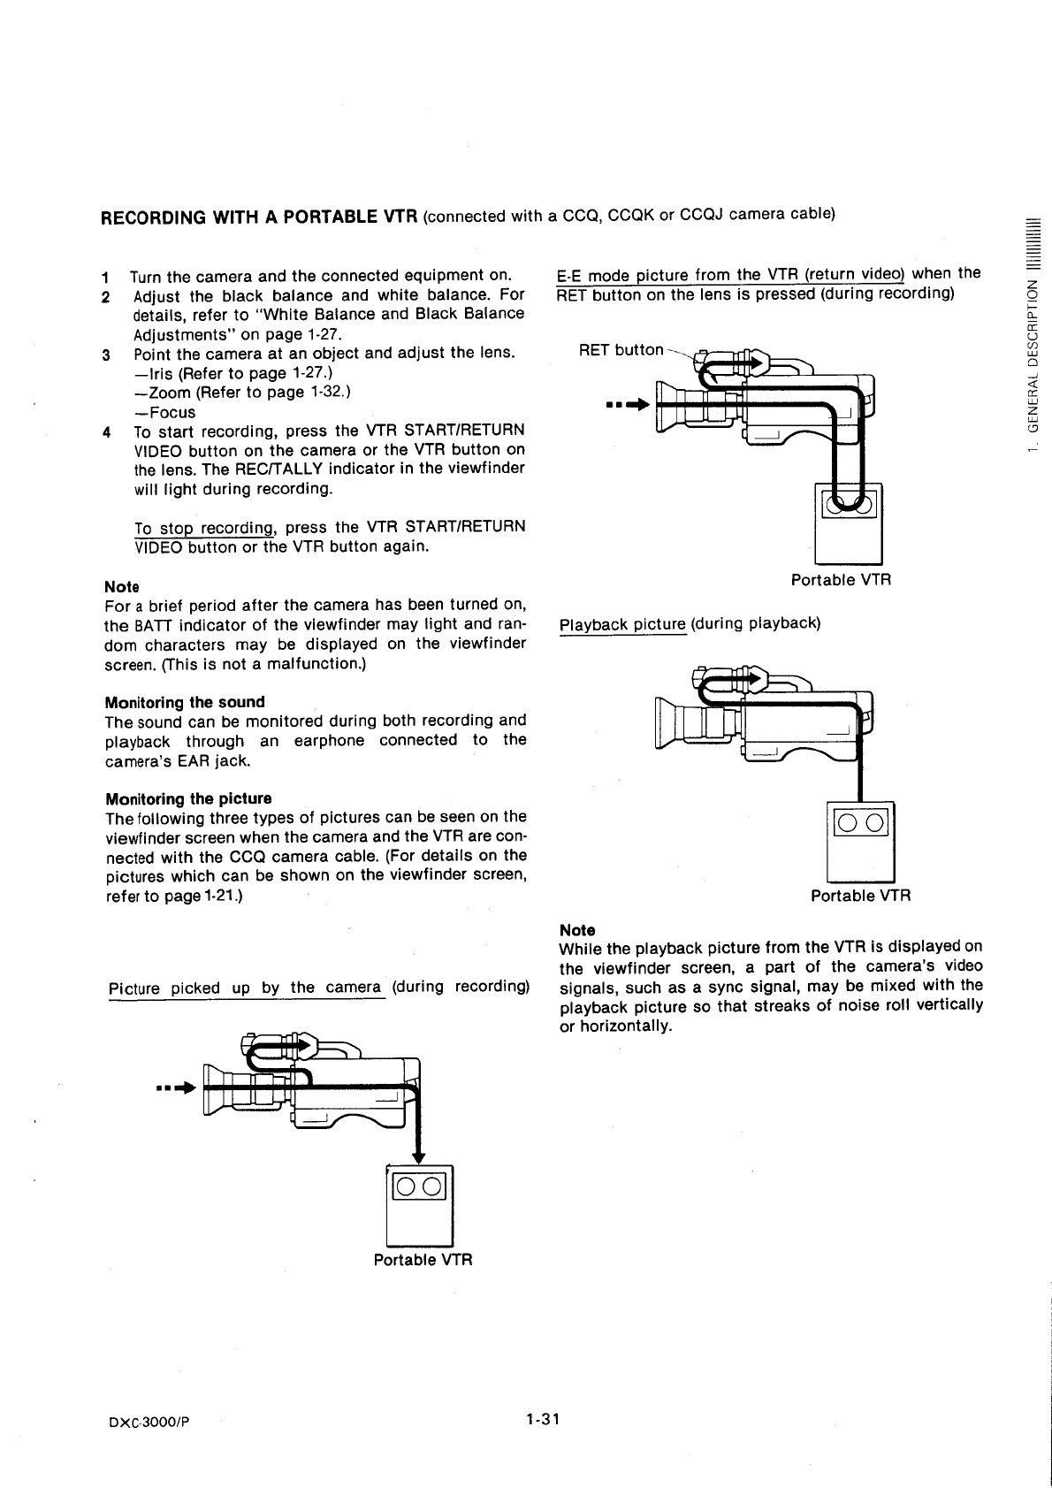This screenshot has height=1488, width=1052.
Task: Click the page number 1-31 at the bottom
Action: (x=543, y=1419)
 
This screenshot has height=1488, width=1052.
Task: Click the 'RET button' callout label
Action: (x=621, y=350)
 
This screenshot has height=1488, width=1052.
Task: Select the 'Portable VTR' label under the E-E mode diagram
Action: (x=841, y=580)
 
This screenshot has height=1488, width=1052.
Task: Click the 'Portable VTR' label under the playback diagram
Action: (x=860, y=896)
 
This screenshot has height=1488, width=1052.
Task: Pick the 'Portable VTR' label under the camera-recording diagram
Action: (x=423, y=1259)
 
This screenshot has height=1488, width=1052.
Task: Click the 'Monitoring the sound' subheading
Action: (x=185, y=702)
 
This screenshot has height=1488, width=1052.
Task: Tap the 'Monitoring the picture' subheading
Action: (x=188, y=798)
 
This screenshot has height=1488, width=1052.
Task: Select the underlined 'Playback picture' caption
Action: (x=623, y=623)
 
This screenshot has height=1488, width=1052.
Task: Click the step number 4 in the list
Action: (x=107, y=432)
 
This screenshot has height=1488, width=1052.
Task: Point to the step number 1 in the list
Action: (x=107, y=277)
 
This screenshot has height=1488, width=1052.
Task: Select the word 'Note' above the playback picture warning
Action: (x=577, y=930)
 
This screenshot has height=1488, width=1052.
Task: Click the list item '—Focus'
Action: (x=164, y=412)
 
